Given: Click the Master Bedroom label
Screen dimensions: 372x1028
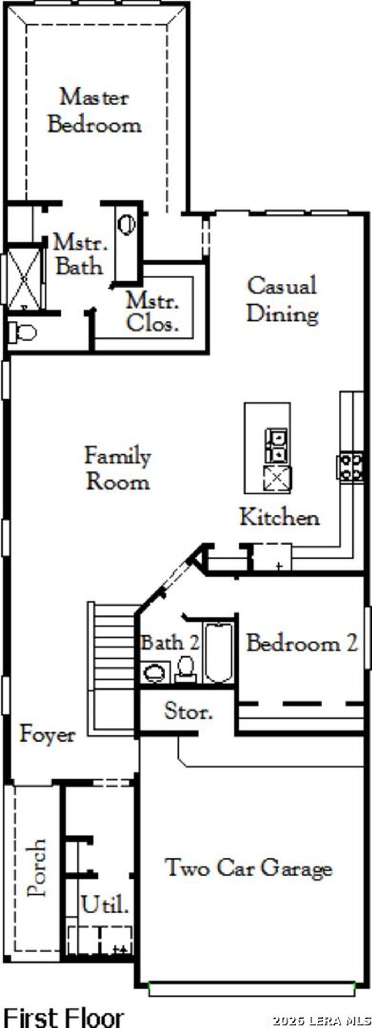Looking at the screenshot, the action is (x=94, y=111).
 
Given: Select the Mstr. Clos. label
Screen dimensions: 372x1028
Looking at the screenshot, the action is (x=152, y=312).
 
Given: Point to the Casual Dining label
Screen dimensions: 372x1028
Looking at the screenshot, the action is (x=282, y=299).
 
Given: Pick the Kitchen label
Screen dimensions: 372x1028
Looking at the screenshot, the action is (x=279, y=517).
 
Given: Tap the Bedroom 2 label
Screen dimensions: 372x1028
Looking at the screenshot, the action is (x=302, y=643).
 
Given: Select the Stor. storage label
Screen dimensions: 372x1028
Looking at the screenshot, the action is (x=188, y=711).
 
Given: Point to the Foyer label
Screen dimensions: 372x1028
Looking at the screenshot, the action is (x=48, y=734).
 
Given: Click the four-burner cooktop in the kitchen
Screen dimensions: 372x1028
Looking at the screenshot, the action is (x=351, y=467).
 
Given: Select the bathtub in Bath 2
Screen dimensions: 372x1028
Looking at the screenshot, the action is (x=218, y=653).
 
